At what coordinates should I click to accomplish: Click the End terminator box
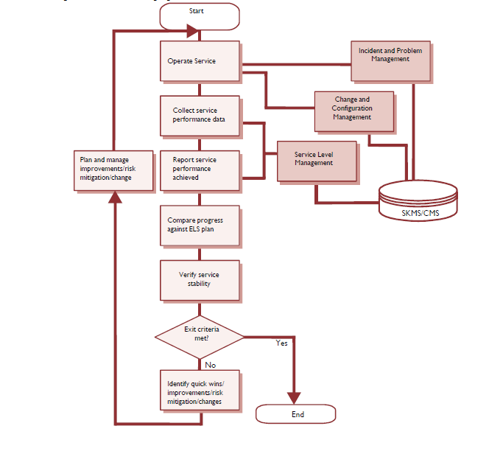[297, 414]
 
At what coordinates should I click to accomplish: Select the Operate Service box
[200, 61]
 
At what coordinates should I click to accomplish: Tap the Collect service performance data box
[200, 116]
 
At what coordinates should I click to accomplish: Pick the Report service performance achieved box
[200, 170]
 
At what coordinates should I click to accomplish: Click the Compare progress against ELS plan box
[200, 225]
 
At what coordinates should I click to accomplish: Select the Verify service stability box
[200, 279]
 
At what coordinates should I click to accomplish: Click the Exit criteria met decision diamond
[200, 335]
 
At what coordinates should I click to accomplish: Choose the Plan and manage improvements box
[116, 170]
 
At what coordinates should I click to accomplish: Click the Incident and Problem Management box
[390, 60]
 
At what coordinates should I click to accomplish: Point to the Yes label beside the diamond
[281, 343]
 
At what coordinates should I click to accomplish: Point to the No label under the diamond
[210, 364]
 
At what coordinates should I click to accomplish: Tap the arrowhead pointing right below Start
[193, 31]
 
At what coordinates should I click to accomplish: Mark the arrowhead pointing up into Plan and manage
[114, 197]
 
